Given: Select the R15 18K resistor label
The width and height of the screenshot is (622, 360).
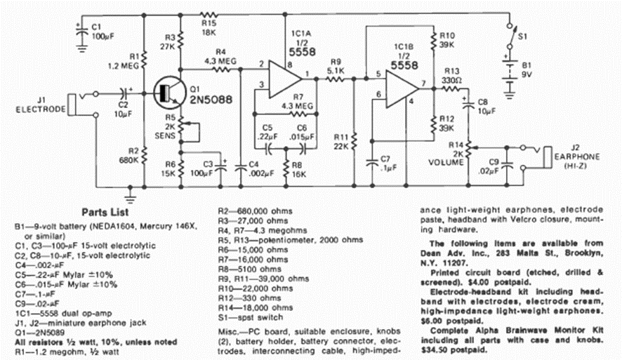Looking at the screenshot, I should click(207, 26).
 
